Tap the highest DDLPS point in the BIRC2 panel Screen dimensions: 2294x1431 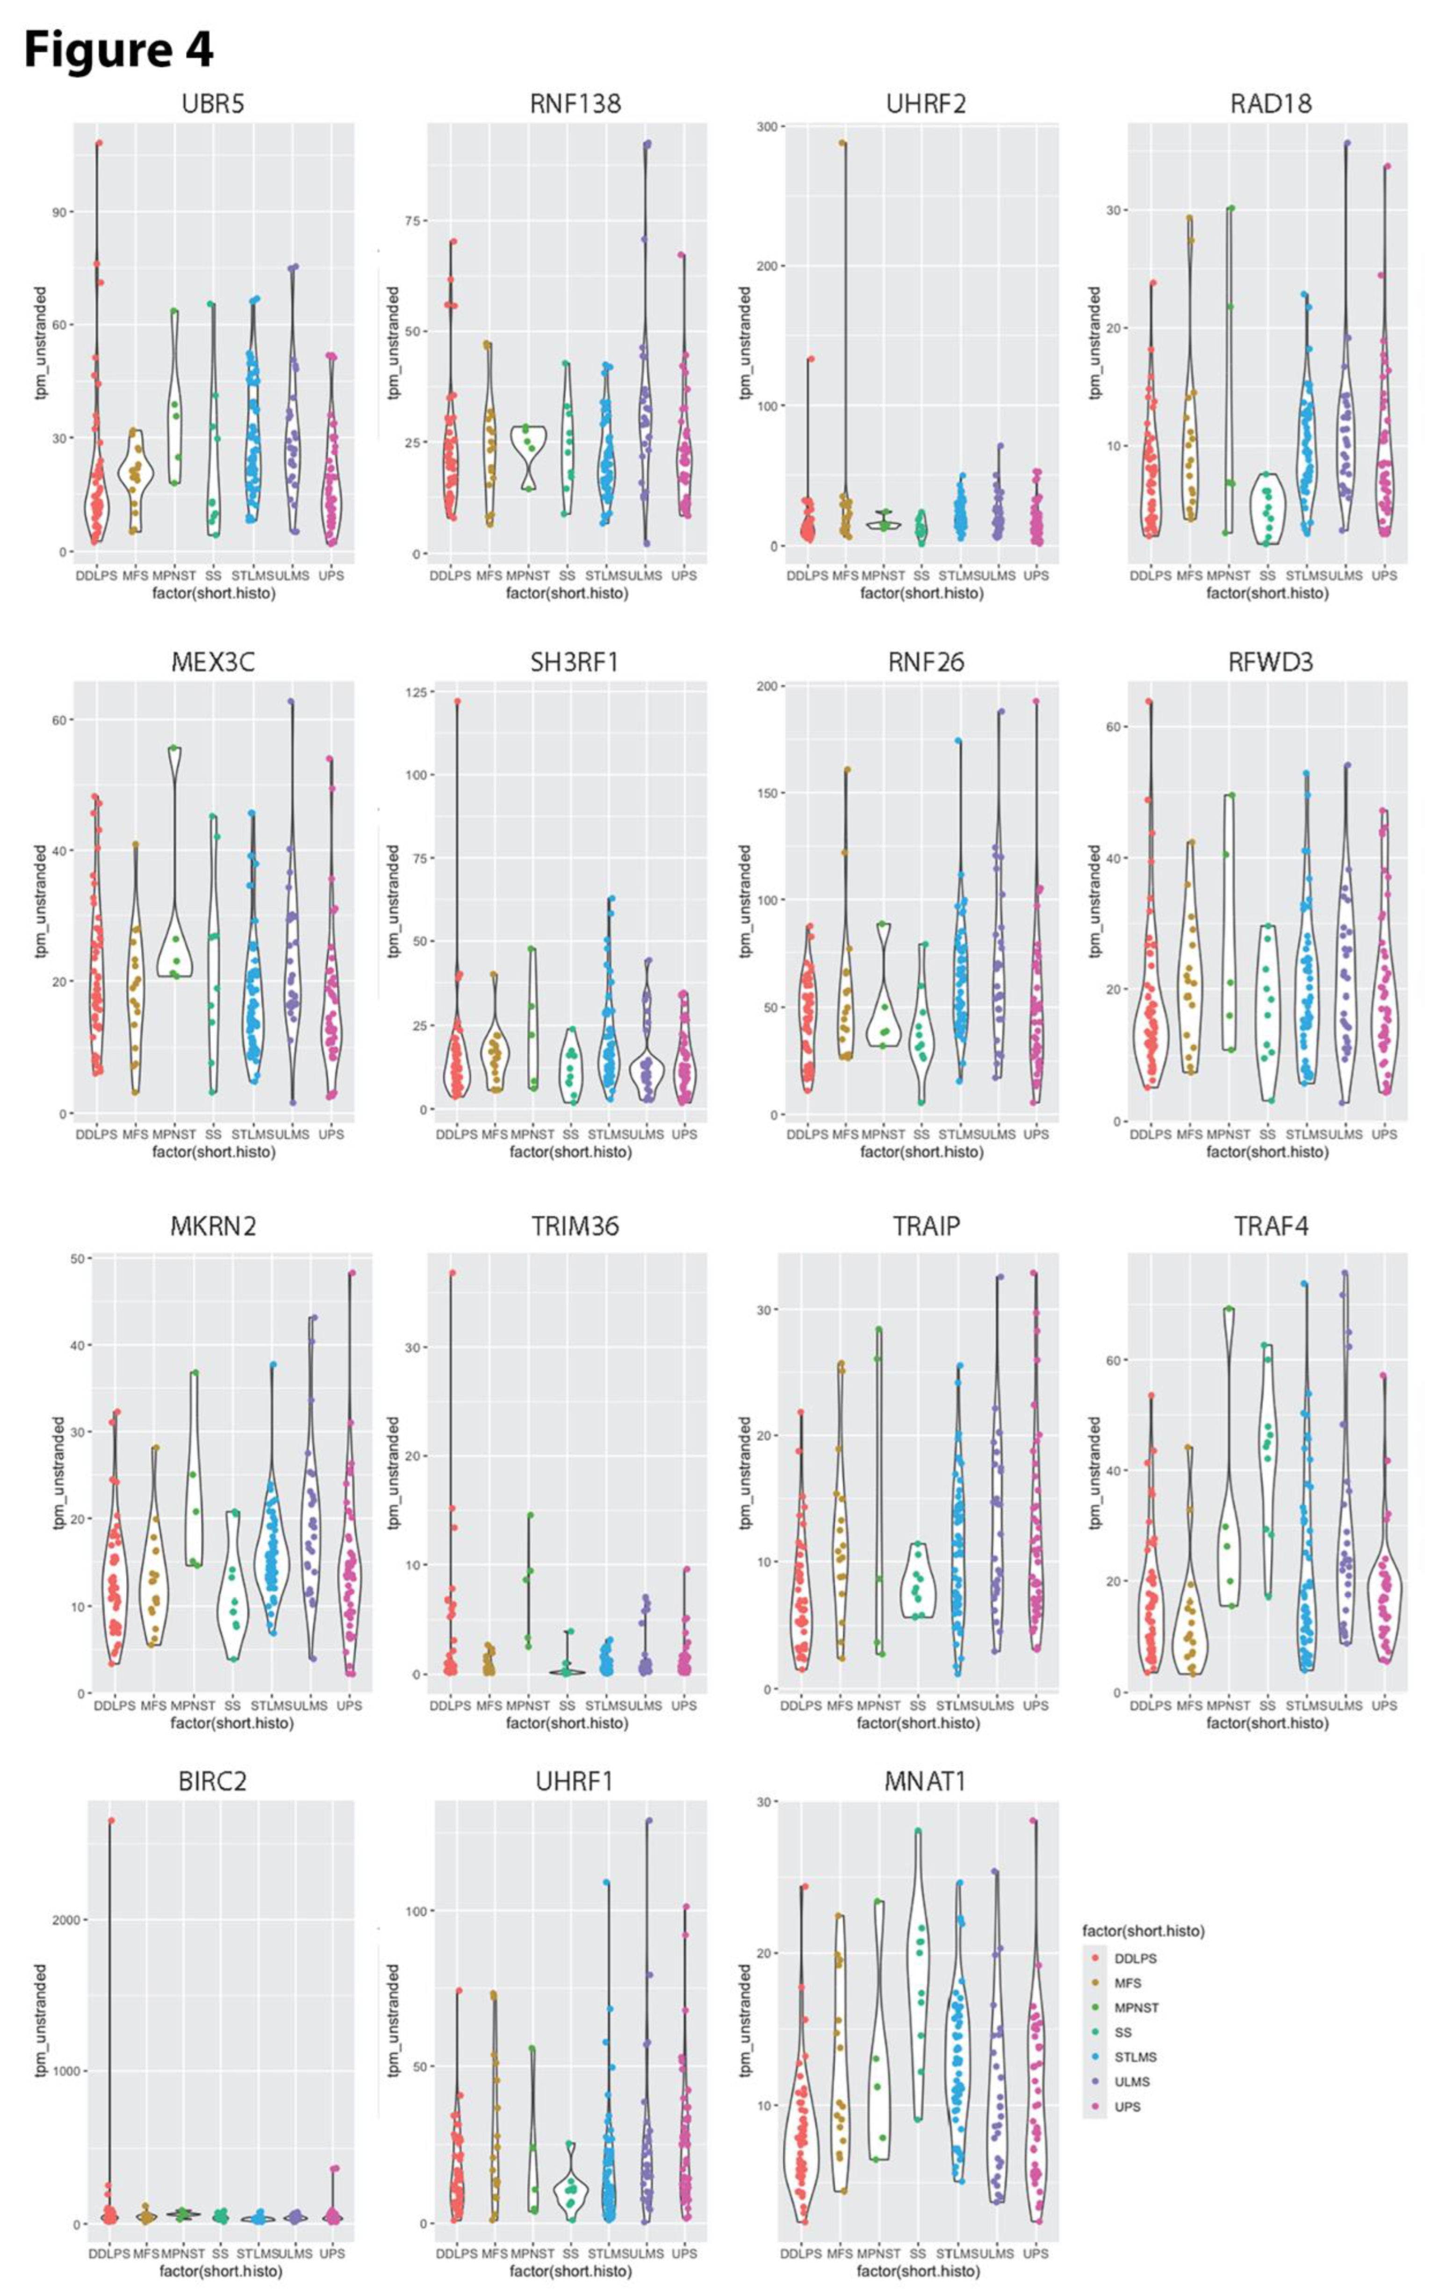pyautogui.click(x=111, y=1820)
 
